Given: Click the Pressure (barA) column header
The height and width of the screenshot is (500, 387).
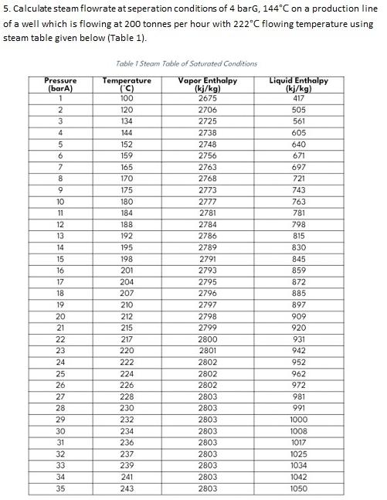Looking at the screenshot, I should click(61, 84).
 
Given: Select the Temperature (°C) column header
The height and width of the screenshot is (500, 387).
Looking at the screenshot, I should click(127, 84).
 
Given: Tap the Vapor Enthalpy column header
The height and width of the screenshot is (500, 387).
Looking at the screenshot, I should click(207, 84).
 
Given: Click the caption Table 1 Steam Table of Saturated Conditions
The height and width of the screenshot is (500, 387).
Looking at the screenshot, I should click(185, 63).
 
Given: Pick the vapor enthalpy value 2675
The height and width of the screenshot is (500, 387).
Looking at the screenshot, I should click(207, 98).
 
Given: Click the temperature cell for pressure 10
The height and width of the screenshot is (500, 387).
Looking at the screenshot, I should click(127, 202).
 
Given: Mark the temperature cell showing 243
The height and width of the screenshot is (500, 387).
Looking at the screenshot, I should click(127, 488).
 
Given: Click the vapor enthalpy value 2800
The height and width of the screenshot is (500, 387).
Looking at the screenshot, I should click(207, 339).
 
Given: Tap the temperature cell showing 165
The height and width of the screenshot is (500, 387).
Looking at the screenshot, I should click(127, 167).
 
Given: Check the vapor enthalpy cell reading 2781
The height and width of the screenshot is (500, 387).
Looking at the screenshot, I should click(207, 213).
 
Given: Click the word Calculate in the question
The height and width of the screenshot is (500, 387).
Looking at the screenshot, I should click(35, 9).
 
